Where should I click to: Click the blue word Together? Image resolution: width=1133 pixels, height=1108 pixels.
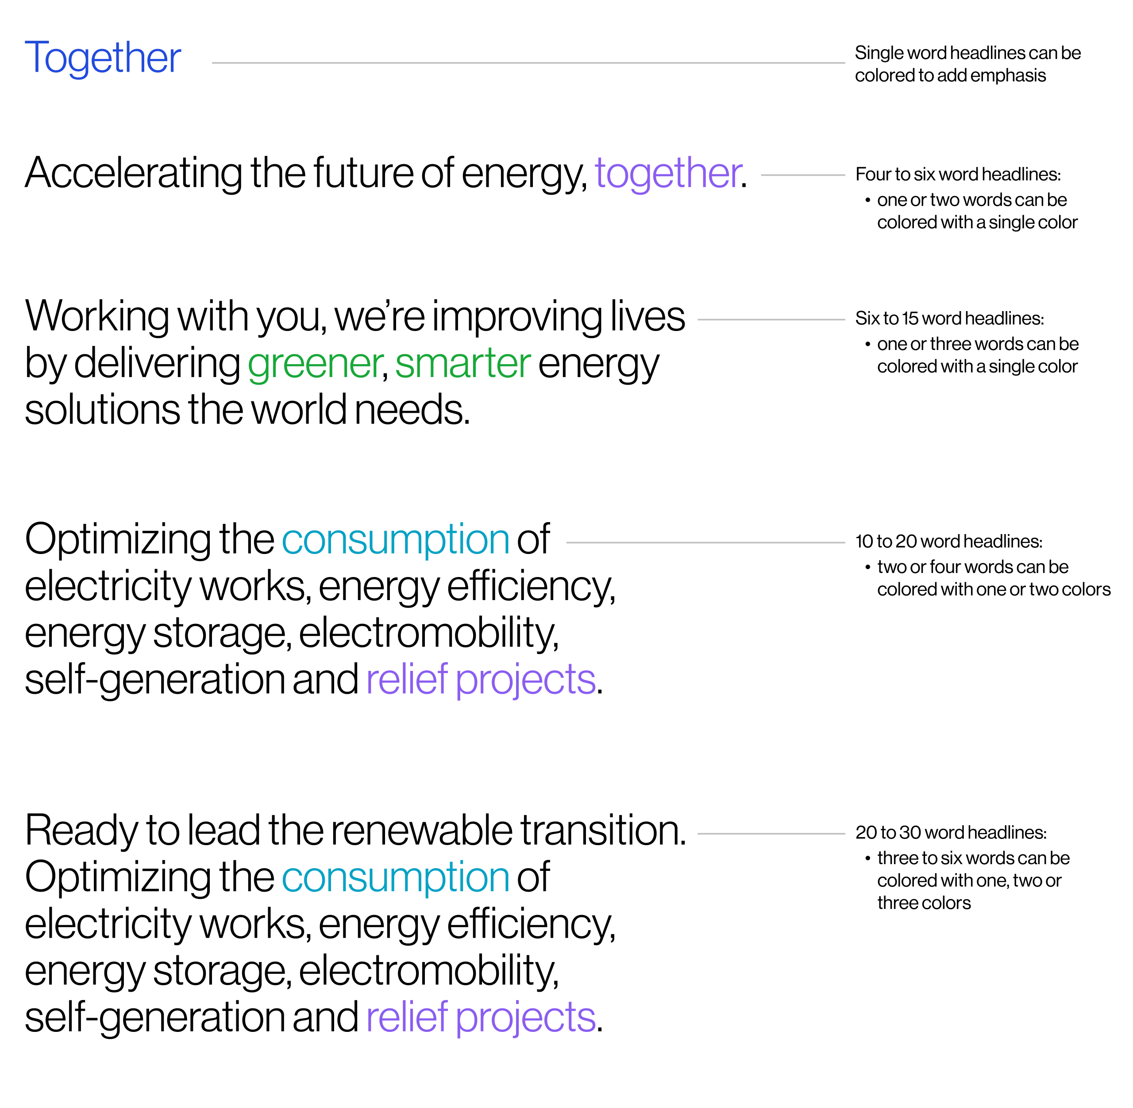coord(104,59)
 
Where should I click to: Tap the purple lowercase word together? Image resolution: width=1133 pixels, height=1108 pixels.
coord(668,174)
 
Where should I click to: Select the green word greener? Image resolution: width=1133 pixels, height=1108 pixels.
coord(315,365)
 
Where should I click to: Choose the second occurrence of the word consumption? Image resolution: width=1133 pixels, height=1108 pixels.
coord(395,878)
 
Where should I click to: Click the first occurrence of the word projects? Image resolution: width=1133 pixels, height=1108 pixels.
coord(526,680)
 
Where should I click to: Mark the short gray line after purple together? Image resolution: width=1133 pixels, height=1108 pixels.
coord(802,175)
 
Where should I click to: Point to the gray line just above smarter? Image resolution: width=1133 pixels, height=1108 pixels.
coord(771,320)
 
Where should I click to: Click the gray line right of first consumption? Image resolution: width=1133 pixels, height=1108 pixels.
coord(706,543)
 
